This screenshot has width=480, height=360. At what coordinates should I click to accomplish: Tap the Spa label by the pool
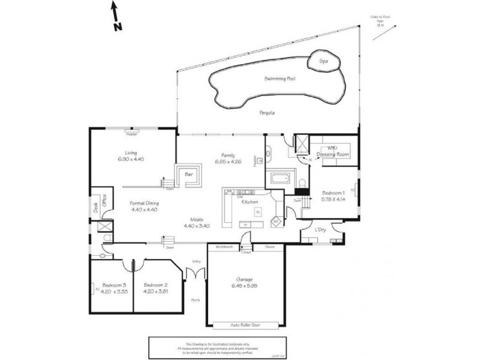pos(324,61)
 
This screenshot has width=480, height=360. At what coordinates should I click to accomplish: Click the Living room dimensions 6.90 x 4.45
pos(131,159)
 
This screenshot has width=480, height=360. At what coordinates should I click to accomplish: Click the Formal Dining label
pos(144,203)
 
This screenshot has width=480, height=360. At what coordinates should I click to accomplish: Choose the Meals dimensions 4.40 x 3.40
pos(197,226)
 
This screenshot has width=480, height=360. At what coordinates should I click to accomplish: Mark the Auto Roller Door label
pos(245,326)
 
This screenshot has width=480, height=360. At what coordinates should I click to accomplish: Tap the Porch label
pos(195,301)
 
